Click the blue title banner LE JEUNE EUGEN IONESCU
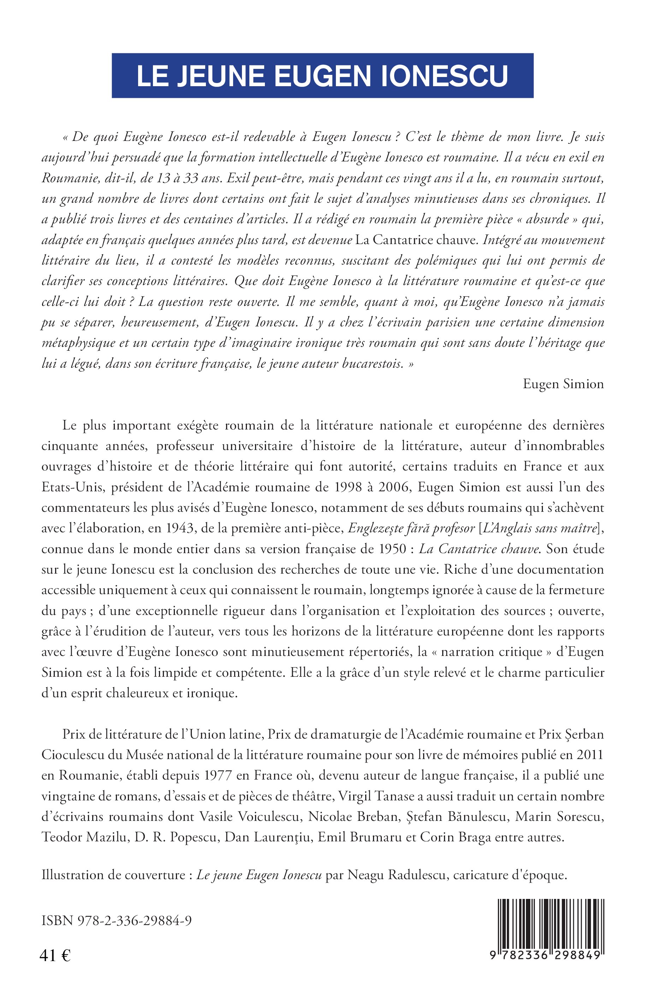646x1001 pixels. click(x=322, y=76)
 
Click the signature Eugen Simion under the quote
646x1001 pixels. click(x=563, y=384)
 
